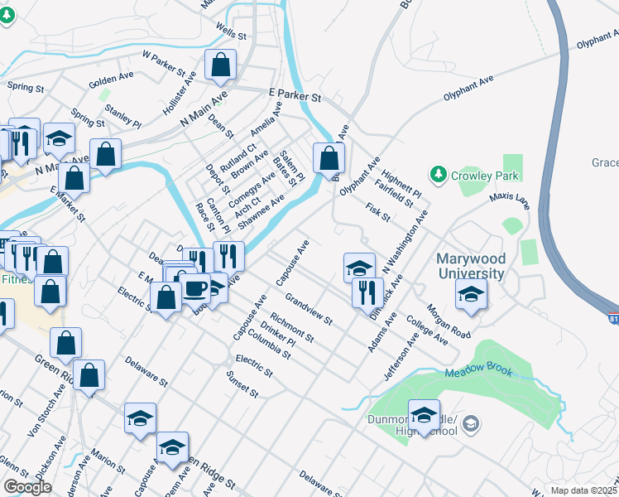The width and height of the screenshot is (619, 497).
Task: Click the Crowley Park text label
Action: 484,176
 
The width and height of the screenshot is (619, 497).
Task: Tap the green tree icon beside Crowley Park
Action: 437,175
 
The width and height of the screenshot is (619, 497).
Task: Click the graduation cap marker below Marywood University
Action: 471,294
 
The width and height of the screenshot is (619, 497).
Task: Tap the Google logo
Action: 26,487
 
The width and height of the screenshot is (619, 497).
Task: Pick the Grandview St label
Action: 308,308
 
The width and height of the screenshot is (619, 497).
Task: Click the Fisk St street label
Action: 377,212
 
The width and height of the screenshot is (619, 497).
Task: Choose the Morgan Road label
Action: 448,321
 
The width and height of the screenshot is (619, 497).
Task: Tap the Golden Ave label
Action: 111,83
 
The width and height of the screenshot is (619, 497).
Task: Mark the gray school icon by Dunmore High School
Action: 471,424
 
